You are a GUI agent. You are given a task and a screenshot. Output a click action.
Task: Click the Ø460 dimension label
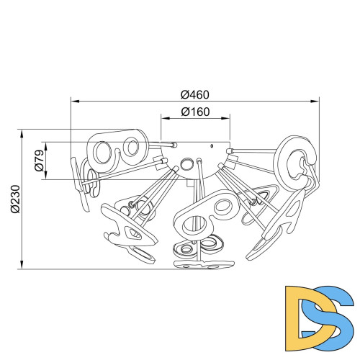[195, 95]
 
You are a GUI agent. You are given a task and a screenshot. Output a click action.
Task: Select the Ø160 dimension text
[195, 112]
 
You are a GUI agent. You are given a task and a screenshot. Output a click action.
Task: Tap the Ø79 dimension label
[40, 161]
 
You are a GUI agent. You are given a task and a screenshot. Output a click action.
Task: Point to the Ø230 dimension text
[15, 199]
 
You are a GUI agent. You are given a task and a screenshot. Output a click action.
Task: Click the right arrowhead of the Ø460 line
[315, 102]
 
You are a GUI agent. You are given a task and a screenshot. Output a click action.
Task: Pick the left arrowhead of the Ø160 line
[166, 118]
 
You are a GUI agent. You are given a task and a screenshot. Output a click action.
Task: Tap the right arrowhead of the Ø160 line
[225, 118]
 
